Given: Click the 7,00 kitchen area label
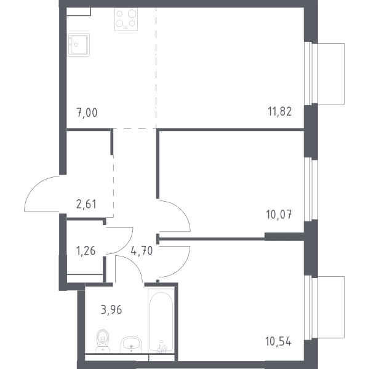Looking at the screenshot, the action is (x=87, y=113).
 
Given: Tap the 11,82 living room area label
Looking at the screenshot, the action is (x=280, y=111).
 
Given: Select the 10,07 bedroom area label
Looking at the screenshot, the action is (x=279, y=215).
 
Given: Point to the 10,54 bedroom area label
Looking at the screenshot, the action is (x=278, y=341).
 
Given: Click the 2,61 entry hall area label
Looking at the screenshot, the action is (x=86, y=204).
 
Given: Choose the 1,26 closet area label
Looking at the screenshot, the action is (x=86, y=251).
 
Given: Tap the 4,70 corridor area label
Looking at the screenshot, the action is (x=142, y=251).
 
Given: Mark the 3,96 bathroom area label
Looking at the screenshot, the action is (x=111, y=310).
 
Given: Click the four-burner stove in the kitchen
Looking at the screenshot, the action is (x=126, y=19).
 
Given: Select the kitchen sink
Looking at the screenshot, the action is (x=78, y=45).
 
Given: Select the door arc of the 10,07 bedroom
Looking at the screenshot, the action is (x=183, y=210).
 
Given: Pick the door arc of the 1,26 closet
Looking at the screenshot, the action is (x=127, y=246).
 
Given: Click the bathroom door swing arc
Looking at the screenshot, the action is (x=134, y=264).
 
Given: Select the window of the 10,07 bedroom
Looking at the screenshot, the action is (x=308, y=189).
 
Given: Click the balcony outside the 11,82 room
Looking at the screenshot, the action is (x=331, y=74).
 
